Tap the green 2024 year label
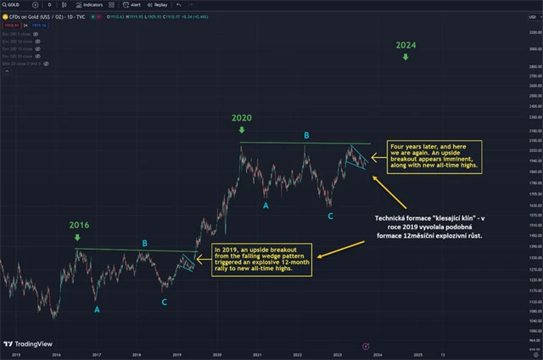[x=405, y=44]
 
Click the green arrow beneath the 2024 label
[x=405, y=57]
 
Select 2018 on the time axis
[x=136, y=353]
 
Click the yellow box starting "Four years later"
[x=434, y=157]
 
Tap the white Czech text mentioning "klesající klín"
[x=429, y=226]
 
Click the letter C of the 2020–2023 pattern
[x=330, y=217]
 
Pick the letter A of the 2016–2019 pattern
[x=97, y=310]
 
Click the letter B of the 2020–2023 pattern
[x=306, y=135]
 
